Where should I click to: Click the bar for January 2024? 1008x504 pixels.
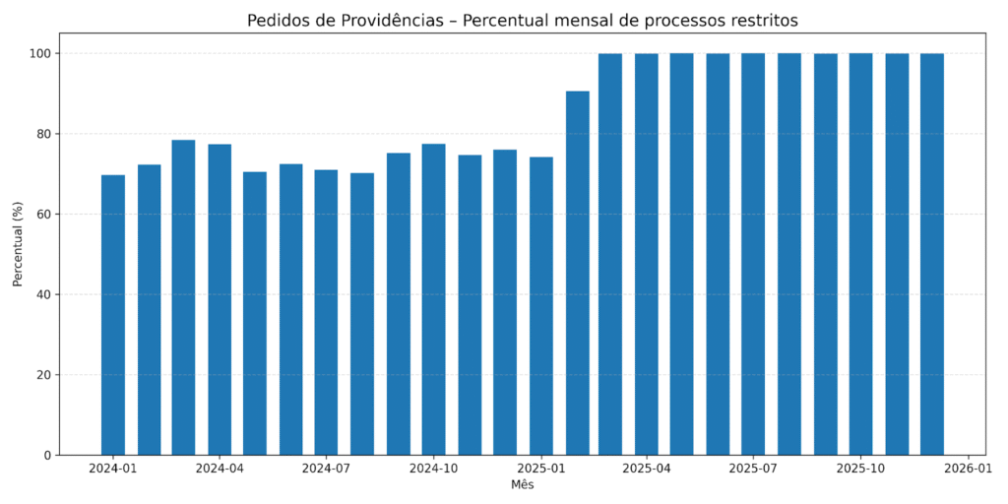pos(113,315)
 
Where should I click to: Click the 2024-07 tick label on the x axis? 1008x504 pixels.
pos(326,470)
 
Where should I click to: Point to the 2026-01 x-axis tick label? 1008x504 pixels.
pos(968,470)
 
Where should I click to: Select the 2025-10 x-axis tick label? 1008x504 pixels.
pos(860,470)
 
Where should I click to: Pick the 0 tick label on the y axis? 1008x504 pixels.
pos(47,455)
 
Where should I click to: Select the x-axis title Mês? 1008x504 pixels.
pos(522,485)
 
